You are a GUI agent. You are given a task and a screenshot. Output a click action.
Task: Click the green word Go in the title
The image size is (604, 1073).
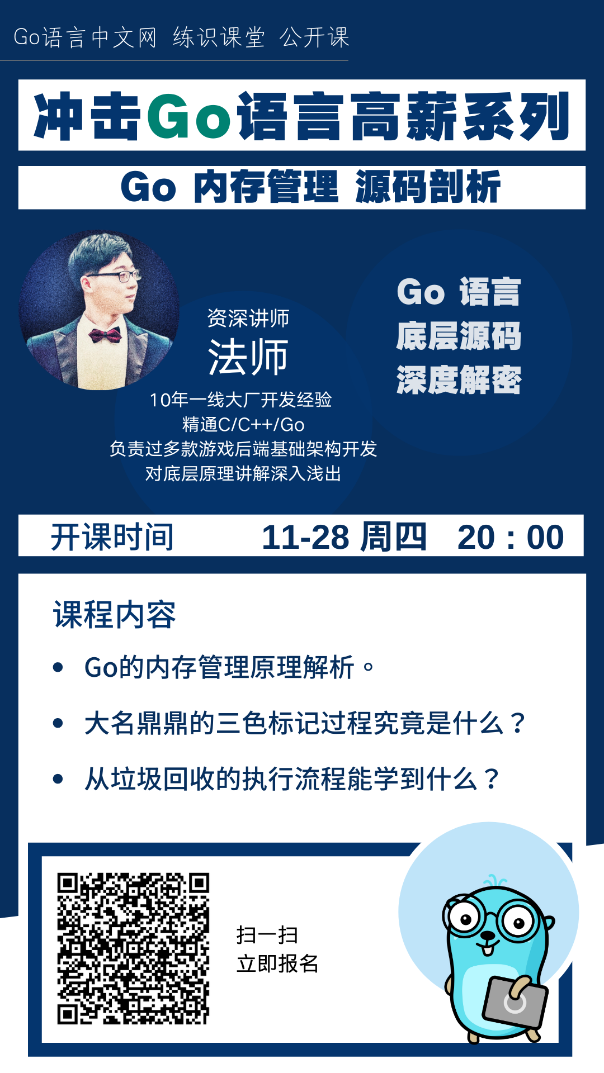(x=190, y=116)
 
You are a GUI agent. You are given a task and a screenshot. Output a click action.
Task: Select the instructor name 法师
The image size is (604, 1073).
(x=248, y=357)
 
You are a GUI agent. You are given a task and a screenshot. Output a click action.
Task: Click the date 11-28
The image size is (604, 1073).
(x=305, y=537)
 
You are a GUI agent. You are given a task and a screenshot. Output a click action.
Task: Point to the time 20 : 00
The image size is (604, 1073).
(x=511, y=538)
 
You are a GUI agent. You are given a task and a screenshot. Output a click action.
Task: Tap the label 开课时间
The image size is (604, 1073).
(x=112, y=538)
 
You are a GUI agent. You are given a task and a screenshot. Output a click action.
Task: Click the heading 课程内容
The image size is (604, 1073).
(x=115, y=615)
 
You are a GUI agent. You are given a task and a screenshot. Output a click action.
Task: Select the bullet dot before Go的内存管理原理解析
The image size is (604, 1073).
(x=58, y=667)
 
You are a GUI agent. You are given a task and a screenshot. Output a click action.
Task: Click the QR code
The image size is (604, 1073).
(x=133, y=948)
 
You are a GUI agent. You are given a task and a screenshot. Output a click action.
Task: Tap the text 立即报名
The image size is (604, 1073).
(x=277, y=964)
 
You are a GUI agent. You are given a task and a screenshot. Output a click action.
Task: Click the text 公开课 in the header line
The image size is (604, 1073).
(x=314, y=37)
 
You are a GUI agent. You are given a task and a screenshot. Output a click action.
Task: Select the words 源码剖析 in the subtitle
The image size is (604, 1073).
(x=428, y=187)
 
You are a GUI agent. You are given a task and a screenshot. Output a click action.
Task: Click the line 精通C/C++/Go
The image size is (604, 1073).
(x=243, y=425)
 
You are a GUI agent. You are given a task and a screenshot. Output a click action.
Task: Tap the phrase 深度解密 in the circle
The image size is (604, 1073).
(x=459, y=381)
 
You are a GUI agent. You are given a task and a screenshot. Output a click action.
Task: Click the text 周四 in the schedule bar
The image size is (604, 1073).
(x=393, y=537)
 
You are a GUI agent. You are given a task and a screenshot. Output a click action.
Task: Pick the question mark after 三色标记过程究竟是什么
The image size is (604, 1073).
(x=518, y=723)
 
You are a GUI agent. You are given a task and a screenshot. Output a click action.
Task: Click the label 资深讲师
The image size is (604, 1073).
(x=248, y=319)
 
